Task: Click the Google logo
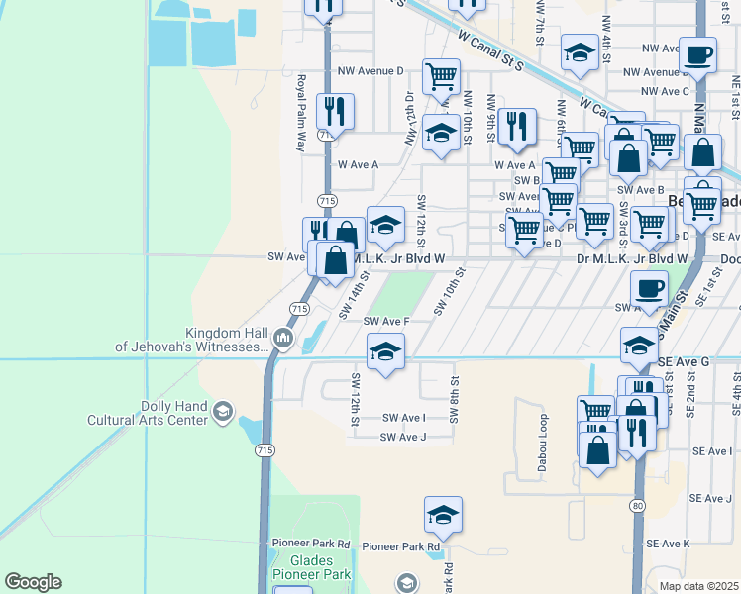click(x=33, y=582)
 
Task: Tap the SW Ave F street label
click(x=386, y=321)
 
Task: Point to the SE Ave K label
click(x=667, y=544)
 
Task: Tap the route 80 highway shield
click(x=635, y=506)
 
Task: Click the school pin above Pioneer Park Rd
click(x=444, y=515)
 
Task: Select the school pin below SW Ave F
click(x=385, y=350)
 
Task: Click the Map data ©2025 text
click(x=699, y=586)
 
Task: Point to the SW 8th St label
click(x=455, y=398)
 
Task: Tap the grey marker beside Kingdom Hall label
click(x=283, y=340)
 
